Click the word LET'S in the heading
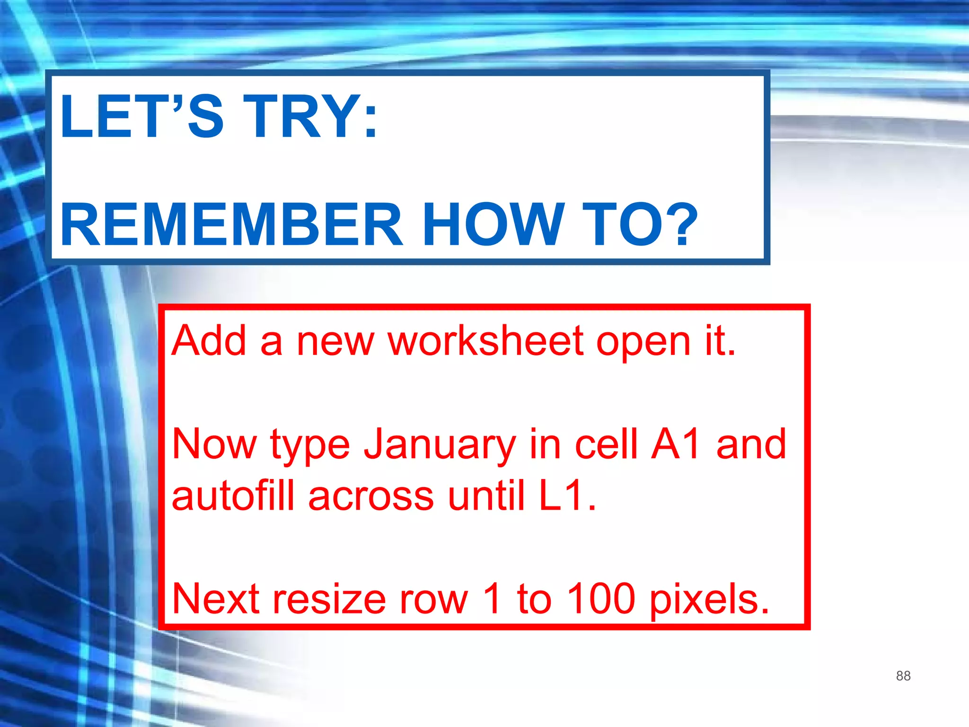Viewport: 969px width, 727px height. tap(141, 116)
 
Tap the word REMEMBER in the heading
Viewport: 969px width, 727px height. tap(231, 224)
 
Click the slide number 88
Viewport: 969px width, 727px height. tap(903, 675)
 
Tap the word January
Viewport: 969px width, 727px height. tap(439, 445)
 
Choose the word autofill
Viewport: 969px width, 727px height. tap(233, 496)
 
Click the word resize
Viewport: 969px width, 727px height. tap(329, 599)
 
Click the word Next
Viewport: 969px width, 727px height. tap(216, 599)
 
